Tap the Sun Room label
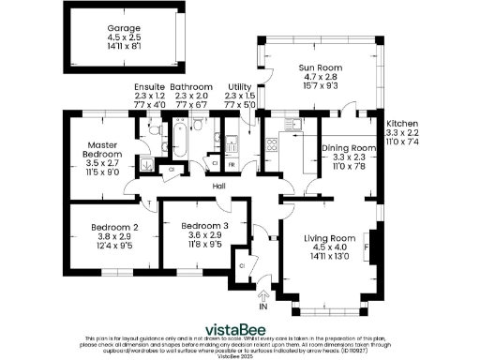pos(319,67)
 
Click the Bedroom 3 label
pos(203,228)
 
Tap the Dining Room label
pos(349,148)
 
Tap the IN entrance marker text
pos(263,306)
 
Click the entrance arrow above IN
pos(263,295)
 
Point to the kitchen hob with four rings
pos(272,145)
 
